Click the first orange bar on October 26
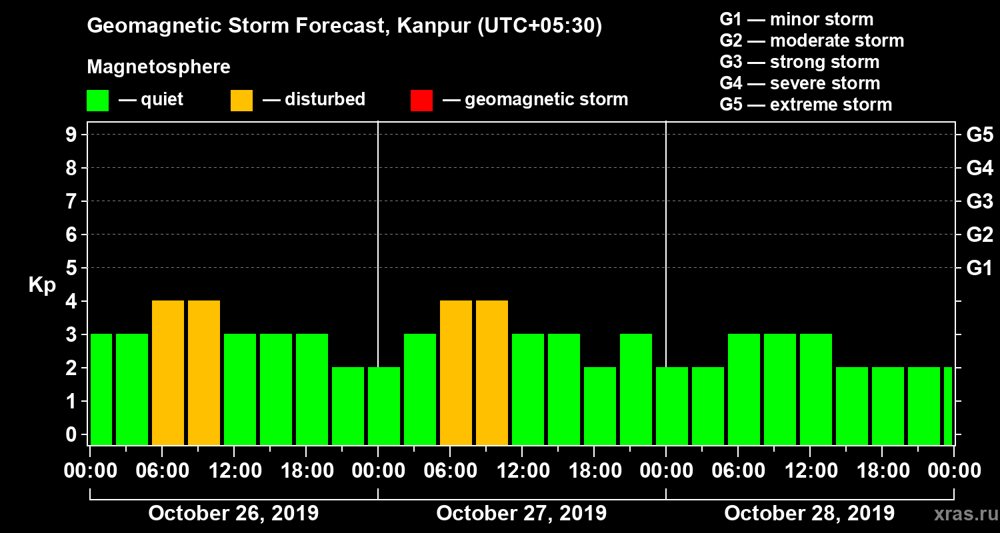(x=168, y=372)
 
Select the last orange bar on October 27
(x=492, y=372)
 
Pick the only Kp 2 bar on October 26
(x=348, y=406)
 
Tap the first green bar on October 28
(x=672, y=406)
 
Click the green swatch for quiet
(x=97, y=101)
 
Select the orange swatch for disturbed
(x=241, y=101)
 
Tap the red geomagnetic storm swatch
(x=421, y=101)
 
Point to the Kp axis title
(x=42, y=284)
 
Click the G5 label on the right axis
(x=979, y=135)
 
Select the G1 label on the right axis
(x=979, y=268)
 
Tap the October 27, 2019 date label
(x=521, y=514)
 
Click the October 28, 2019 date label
(x=809, y=514)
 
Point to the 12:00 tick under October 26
(x=235, y=471)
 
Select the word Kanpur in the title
(x=424, y=27)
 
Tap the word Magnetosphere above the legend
(x=159, y=67)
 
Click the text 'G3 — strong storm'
(x=799, y=62)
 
